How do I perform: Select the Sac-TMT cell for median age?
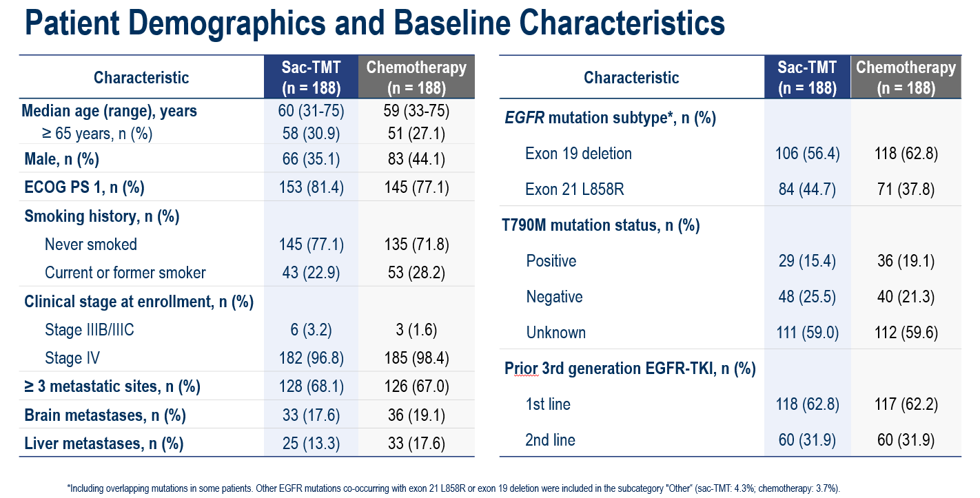(x=310, y=110)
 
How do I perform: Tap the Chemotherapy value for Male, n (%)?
(x=416, y=159)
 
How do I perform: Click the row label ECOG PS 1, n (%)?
(x=84, y=187)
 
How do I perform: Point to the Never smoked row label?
(x=91, y=245)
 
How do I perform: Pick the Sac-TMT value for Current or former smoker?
(x=310, y=273)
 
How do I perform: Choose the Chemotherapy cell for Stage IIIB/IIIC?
(x=416, y=330)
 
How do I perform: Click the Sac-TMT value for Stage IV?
(x=310, y=358)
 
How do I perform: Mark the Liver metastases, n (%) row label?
(x=103, y=444)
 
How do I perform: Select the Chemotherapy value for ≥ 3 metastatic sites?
(x=416, y=386)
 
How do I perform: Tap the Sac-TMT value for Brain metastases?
(x=310, y=415)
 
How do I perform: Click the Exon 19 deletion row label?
(x=578, y=153)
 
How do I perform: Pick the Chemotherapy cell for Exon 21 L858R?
(x=906, y=189)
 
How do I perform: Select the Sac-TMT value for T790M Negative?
(x=807, y=297)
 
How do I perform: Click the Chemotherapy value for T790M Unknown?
(x=906, y=333)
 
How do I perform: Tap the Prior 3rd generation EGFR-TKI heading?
(x=630, y=369)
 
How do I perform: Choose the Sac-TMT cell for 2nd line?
(x=807, y=440)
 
